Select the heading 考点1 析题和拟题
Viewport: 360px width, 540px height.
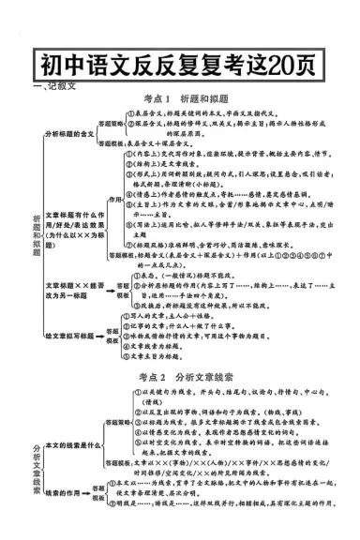(x=180, y=97)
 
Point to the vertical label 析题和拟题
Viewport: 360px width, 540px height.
(x=36, y=231)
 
